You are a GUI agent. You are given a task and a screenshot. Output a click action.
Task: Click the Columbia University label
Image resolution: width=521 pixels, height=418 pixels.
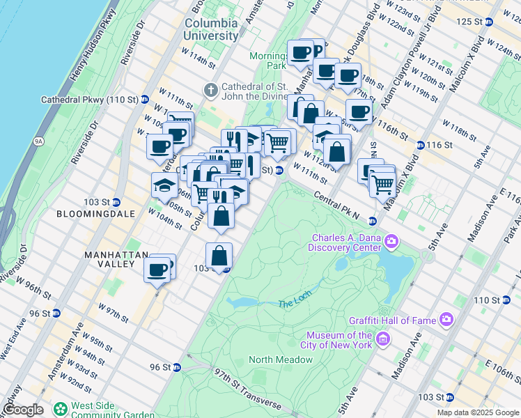(x=210, y=29)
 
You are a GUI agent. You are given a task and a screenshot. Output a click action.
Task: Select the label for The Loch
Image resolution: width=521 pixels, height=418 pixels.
(x=291, y=304)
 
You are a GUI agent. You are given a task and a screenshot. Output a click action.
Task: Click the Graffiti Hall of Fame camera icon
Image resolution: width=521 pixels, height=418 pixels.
(x=446, y=320)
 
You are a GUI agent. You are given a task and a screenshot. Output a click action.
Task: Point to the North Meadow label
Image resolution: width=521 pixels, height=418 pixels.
(x=281, y=360)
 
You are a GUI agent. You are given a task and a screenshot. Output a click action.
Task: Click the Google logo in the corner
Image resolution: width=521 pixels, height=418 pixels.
(x=22, y=410)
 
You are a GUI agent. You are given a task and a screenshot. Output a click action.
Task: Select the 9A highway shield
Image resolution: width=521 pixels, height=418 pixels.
(x=39, y=142)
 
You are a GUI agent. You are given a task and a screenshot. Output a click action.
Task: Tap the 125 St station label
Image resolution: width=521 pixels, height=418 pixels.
(x=468, y=22)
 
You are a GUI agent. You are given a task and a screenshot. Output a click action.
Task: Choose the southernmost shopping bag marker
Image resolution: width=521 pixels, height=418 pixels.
(x=219, y=256)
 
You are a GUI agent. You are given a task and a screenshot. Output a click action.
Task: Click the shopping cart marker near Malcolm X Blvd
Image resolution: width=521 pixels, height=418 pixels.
(x=382, y=184)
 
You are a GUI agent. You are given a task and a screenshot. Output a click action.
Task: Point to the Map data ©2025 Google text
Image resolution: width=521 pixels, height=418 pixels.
(x=479, y=412)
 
